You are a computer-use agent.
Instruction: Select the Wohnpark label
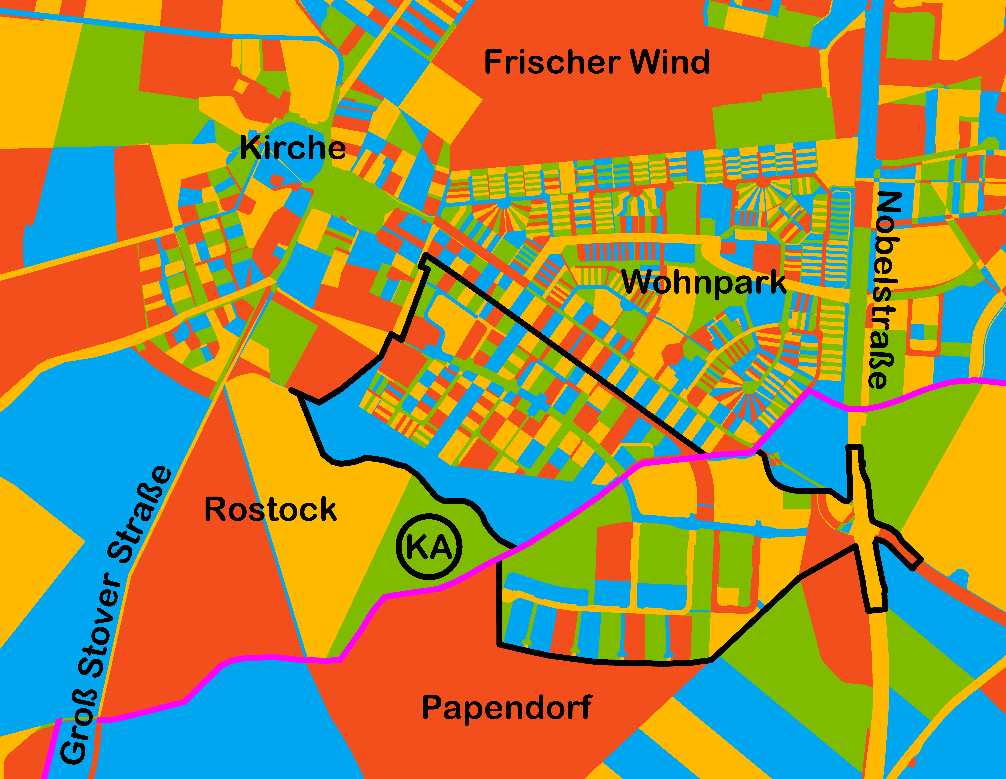click(x=704, y=282)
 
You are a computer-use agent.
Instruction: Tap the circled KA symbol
click(x=429, y=547)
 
